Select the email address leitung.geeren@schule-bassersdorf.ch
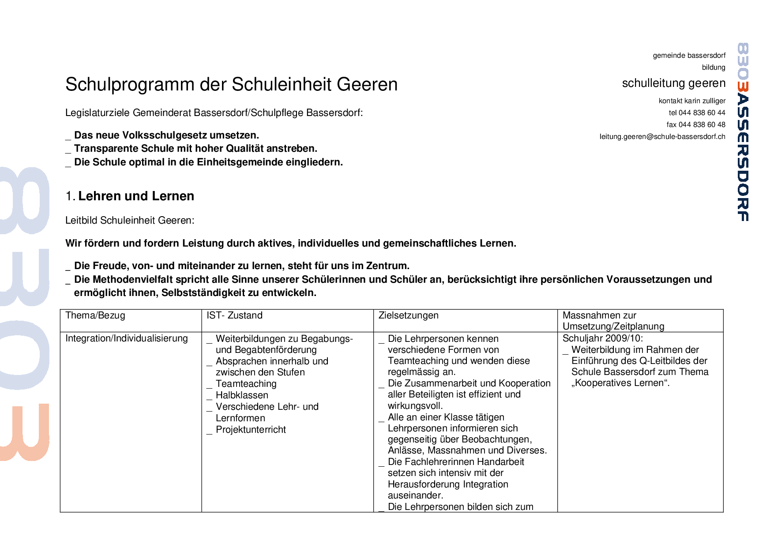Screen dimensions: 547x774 [x=662, y=137]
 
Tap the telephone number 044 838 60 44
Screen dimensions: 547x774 [x=702, y=113]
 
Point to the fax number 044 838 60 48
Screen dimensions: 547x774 [x=702, y=125]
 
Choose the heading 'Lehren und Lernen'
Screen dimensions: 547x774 [x=136, y=196]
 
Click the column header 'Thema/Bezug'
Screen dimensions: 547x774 [x=95, y=316]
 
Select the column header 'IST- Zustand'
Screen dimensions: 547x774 [x=234, y=316]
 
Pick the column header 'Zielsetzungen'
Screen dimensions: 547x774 [x=408, y=316]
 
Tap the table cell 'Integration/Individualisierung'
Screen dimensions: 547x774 [x=127, y=339]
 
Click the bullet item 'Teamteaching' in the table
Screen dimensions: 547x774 [x=246, y=384]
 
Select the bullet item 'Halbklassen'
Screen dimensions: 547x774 [x=242, y=396]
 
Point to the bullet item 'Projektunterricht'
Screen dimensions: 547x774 [x=251, y=430]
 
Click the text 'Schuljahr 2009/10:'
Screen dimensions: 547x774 [x=603, y=339]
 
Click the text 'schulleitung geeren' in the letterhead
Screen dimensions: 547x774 [x=673, y=83]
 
